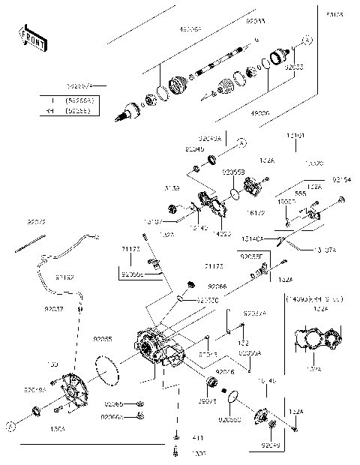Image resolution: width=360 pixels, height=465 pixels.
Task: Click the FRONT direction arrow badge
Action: point(31,38)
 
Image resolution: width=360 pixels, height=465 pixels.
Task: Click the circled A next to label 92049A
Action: point(241,141)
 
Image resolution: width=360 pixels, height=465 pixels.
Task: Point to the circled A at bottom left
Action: point(10,426)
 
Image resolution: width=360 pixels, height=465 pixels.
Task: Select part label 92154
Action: point(341,180)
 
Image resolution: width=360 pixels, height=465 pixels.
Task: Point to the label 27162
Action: point(64,277)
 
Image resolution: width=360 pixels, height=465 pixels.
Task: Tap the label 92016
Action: point(225,370)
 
